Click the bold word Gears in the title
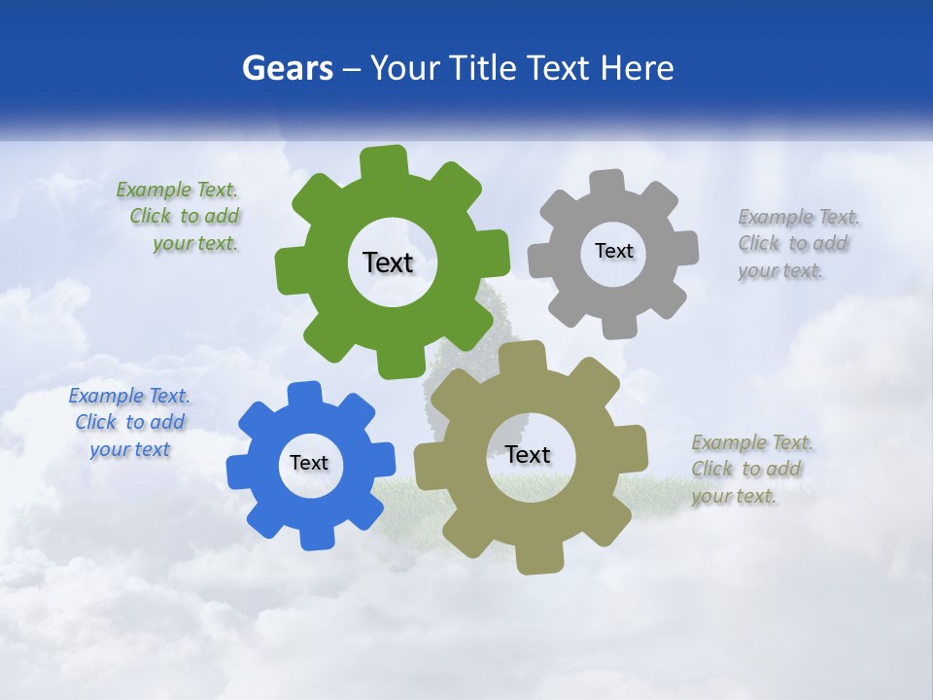click(x=287, y=68)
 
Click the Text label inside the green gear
click(x=388, y=262)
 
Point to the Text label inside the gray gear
click(x=613, y=251)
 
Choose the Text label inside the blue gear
click(x=309, y=463)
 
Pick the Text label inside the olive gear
click(x=528, y=454)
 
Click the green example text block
click(x=179, y=217)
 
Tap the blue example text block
click(x=129, y=422)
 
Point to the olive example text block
click(x=749, y=469)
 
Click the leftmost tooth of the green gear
click(x=290, y=270)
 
